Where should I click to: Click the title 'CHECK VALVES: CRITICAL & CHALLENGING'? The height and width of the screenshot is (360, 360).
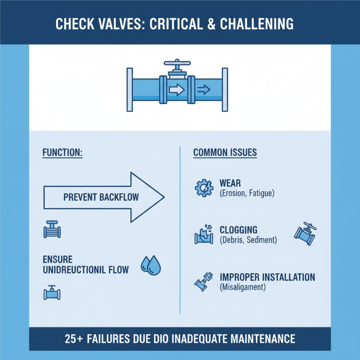tap(180, 23)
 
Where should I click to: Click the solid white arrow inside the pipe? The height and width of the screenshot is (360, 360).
tap(176, 90)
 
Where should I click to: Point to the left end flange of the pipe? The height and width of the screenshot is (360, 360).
tap(130, 90)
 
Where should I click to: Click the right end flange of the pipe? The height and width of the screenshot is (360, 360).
tap(224, 90)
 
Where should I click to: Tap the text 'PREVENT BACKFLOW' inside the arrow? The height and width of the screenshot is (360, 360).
tap(101, 197)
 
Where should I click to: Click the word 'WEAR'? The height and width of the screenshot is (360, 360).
tap(230, 184)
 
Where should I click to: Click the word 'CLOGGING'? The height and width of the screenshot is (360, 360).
tap(239, 230)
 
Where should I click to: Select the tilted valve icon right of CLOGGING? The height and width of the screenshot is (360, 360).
tap(305, 233)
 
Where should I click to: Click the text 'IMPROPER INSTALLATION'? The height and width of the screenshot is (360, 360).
tap(267, 277)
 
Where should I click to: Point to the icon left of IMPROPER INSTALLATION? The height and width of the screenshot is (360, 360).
tap(202, 280)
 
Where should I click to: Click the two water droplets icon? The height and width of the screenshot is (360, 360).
tap(151, 265)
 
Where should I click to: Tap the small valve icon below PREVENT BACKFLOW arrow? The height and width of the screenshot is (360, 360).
tap(52, 230)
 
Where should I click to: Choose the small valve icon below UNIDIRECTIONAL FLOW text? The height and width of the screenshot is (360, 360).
tap(52, 292)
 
